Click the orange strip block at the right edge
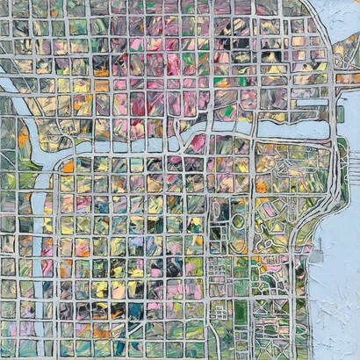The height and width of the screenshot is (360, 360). pyautogui.click(x=348, y=77)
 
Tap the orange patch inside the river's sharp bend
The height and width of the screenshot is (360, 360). pyautogui.click(x=68, y=167)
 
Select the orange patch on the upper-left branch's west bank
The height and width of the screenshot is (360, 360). pyautogui.click(x=23, y=140)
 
